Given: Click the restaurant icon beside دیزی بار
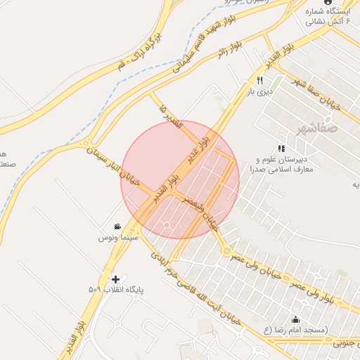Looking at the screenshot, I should (x=259, y=81).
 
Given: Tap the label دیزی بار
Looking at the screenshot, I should (x=259, y=91).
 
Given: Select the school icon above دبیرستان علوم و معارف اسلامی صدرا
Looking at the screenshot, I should (x=281, y=148).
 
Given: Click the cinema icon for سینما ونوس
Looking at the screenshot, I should (x=116, y=226).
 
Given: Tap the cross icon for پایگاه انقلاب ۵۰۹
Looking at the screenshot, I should (x=115, y=279).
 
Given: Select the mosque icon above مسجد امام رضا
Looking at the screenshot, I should (x=294, y=319).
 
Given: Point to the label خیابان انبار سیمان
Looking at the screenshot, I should (x=115, y=166).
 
